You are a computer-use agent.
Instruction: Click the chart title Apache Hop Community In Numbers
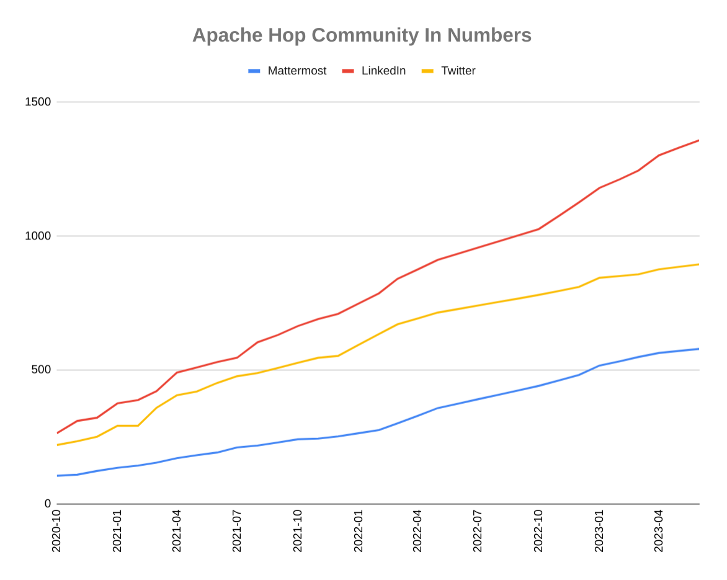(x=362, y=35)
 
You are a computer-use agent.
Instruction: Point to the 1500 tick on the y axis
(x=38, y=102)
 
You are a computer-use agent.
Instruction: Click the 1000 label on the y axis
(x=38, y=236)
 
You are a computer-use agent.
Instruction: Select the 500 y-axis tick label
(x=41, y=370)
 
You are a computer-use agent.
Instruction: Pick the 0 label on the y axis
(x=48, y=504)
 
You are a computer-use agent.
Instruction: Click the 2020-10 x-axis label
(x=56, y=531)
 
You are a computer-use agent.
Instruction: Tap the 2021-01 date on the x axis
(x=117, y=531)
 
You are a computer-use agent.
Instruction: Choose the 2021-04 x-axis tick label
(x=177, y=531)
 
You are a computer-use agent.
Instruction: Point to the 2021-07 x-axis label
(x=237, y=531)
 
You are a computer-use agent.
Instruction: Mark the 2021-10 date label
(x=298, y=531)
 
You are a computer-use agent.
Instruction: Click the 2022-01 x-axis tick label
(x=358, y=531)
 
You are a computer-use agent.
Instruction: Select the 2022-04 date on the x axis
(x=417, y=531)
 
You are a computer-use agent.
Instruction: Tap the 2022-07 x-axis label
(x=478, y=531)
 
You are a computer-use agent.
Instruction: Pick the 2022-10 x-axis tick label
(x=538, y=531)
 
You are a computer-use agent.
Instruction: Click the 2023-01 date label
(x=599, y=531)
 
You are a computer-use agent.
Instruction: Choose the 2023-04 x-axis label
(x=659, y=531)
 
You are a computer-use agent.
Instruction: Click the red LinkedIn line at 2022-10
(x=538, y=229)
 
